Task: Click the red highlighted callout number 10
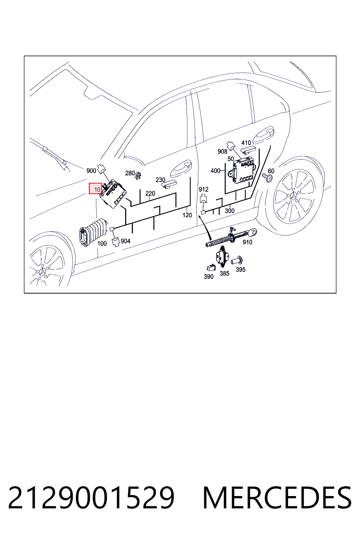click(x=96, y=188)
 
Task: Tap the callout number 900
click(x=91, y=171)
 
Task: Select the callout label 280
click(x=130, y=173)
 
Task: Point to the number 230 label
click(x=160, y=180)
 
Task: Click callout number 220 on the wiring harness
click(x=150, y=193)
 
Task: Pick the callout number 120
click(x=187, y=215)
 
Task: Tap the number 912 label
click(x=204, y=189)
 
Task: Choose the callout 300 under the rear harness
click(x=230, y=211)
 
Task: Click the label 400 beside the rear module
click(x=215, y=171)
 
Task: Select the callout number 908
click(x=222, y=152)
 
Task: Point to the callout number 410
click(x=246, y=143)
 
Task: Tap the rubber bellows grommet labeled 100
click(x=93, y=232)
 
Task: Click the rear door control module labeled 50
click(x=243, y=170)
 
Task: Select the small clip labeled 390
click(x=210, y=267)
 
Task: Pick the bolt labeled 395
click(x=237, y=261)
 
